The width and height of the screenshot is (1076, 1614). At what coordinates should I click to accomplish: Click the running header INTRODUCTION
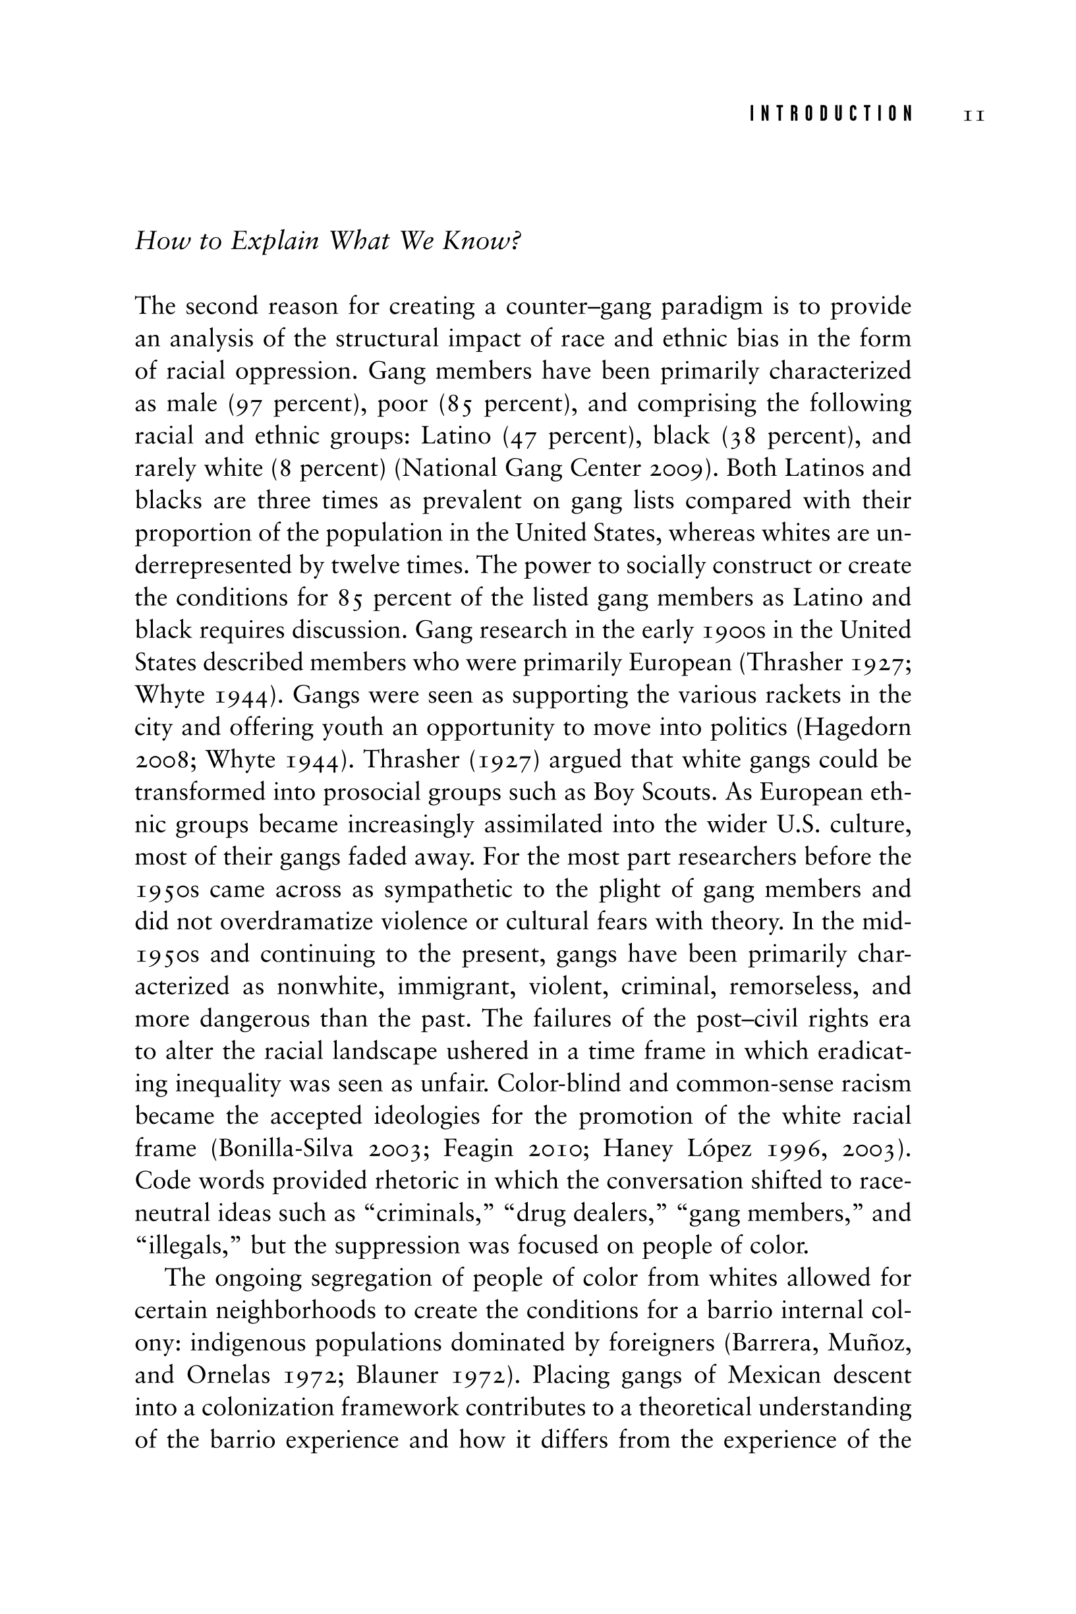[831, 114]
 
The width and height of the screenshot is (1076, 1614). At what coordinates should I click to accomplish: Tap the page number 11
[975, 115]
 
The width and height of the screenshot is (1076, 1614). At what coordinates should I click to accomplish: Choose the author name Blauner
[397, 1375]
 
